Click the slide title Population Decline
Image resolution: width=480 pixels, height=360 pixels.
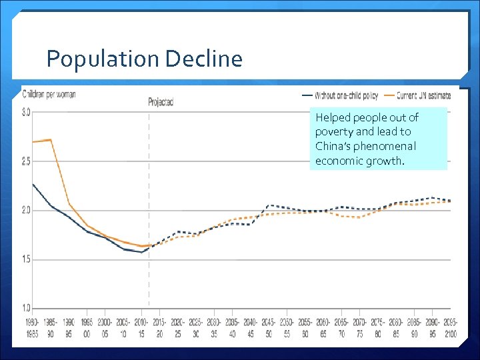[144, 59]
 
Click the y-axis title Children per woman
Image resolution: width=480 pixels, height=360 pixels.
[49, 94]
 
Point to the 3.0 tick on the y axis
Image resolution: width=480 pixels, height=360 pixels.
[26, 112]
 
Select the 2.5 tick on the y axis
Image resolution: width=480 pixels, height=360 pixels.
[26, 161]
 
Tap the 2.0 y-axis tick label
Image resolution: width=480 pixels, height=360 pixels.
[26, 210]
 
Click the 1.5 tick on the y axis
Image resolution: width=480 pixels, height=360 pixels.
[26, 259]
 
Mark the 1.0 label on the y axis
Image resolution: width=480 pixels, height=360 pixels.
[26, 308]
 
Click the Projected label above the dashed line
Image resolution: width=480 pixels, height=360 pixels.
[161, 102]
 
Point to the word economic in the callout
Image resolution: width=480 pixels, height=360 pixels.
[339, 161]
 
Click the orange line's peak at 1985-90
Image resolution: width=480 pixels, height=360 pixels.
[51, 139]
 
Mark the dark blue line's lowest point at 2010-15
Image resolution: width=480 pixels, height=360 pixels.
[141, 252]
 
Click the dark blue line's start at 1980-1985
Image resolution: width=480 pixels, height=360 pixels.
[32, 183]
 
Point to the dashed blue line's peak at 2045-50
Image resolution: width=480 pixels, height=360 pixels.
[269, 205]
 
